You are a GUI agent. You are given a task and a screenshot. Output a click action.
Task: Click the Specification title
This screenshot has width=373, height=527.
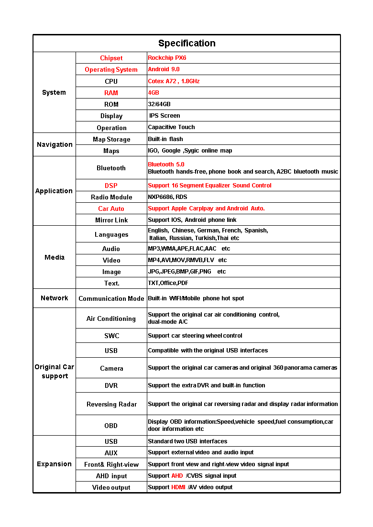click(186, 44)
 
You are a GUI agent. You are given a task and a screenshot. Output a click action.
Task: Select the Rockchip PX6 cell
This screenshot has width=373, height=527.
click(167, 58)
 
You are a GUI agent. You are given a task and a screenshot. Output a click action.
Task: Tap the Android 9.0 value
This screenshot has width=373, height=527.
click(164, 69)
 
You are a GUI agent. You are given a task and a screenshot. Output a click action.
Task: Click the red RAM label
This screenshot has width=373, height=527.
click(111, 93)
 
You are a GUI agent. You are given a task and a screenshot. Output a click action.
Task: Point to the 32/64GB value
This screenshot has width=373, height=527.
click(159, 104)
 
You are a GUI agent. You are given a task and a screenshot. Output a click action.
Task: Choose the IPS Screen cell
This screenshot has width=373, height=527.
click(165, 116)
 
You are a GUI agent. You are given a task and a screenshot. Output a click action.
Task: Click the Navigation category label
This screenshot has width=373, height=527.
click(55, 144)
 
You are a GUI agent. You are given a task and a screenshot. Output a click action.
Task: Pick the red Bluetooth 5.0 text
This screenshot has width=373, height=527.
click(166, 165)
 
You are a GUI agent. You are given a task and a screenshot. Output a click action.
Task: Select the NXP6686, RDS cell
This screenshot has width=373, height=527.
click(167, 197)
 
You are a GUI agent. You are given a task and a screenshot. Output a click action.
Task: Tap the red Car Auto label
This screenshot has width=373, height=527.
click(111, 209)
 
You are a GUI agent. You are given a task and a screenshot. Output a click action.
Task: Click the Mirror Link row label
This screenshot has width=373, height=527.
click(111, 220)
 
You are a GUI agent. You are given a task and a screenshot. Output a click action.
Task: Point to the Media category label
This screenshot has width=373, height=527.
click(55, 257)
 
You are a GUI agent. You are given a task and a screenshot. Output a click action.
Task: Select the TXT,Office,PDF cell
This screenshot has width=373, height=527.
click(168, 283)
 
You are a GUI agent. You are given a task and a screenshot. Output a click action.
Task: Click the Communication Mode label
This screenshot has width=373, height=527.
click(111, 298)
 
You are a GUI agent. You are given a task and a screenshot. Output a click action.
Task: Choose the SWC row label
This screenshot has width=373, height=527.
click(111, 336)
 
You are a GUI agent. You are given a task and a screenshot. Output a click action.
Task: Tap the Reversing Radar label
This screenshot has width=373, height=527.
click(111, 404)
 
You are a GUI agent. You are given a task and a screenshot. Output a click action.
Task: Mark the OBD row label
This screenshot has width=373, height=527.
click(111, 426)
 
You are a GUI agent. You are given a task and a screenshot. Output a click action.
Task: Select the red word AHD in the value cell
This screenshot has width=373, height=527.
click(177, 476)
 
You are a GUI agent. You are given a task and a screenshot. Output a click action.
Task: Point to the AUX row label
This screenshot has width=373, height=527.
click(111, 453)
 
